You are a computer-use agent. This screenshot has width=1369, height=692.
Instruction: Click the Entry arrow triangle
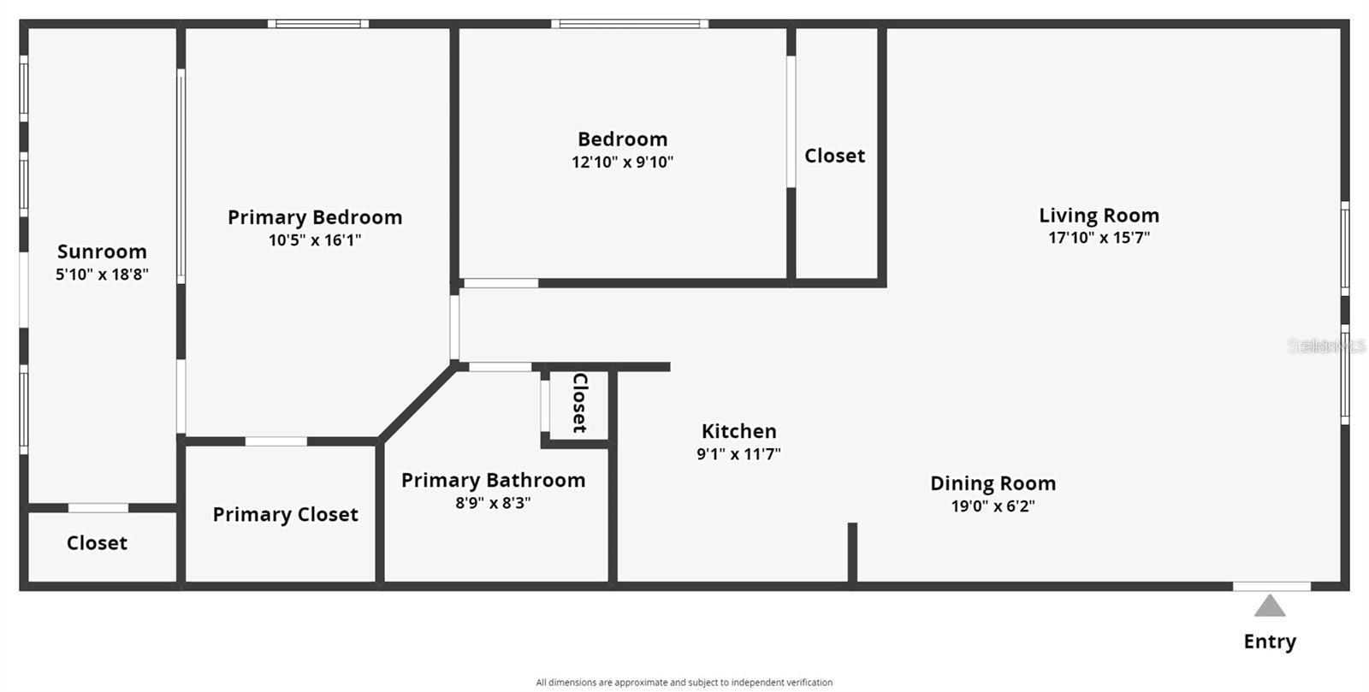1270,606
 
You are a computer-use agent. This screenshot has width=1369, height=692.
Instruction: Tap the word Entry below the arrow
1270,642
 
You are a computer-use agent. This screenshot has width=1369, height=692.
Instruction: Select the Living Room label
1099,216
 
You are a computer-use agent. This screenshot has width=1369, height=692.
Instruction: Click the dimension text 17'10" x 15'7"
1099,238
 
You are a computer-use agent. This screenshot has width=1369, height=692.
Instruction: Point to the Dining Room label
993,483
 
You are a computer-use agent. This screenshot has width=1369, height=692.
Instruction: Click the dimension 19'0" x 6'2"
993,506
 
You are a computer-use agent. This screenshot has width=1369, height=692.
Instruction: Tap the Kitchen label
738,431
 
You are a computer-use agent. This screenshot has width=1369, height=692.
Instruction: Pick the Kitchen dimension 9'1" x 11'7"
738,454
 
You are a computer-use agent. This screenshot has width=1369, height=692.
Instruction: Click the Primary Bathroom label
493,480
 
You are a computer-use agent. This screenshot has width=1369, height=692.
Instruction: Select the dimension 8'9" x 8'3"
493,503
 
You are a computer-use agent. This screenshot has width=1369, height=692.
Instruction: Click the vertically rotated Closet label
579,403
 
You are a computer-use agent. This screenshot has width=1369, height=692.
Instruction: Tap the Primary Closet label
285,514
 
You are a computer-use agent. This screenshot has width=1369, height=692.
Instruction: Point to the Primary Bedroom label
315,217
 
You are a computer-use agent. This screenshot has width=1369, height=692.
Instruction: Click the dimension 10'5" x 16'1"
315,240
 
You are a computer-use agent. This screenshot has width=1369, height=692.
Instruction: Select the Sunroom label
102,251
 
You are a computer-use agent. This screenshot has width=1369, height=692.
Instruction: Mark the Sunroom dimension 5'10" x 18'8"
102,275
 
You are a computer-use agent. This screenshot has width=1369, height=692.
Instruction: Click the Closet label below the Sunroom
97,543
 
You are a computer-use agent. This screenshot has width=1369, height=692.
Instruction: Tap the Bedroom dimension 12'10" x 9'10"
622,162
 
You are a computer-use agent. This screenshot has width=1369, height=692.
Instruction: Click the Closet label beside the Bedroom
834,156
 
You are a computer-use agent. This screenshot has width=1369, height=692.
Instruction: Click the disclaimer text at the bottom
684,683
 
